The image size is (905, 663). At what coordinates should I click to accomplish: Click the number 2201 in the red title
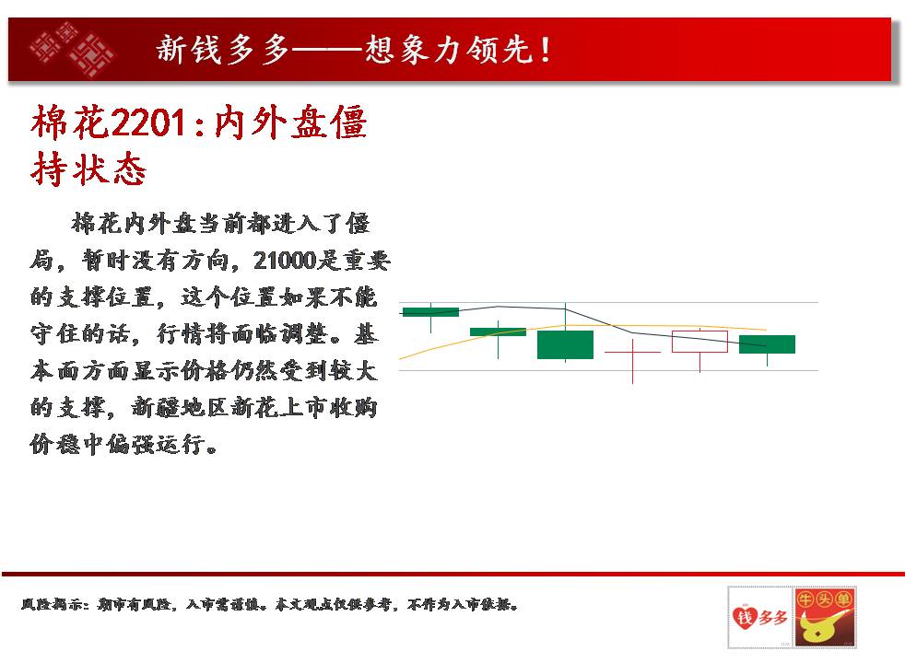(x=147, y=122)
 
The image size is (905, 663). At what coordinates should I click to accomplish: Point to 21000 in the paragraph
(x=285, y=261)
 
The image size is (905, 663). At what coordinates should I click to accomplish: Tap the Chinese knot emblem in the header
(x=73, y=49)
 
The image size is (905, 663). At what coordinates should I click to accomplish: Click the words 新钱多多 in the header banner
(x=221, y=49)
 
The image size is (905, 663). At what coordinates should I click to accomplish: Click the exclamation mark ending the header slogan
(x=546, y=50)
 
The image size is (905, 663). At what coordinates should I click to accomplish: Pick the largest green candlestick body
(x=565, y=344)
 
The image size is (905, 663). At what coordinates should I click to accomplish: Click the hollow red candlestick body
(x=699, y=342)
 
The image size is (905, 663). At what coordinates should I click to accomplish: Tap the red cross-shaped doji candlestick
(x=632, y=352)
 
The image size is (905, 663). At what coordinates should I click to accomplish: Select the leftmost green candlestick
(x=430, y=312)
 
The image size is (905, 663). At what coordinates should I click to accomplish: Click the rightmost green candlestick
(x=767, y=344)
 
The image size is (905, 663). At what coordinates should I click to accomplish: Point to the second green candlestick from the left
(x=498, y=332)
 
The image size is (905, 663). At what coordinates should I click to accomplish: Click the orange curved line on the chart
(x=583, y=326)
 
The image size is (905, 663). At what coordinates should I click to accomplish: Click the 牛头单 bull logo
(x=825, y=618)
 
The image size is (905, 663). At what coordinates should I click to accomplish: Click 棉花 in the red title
(x=70, y=122)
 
